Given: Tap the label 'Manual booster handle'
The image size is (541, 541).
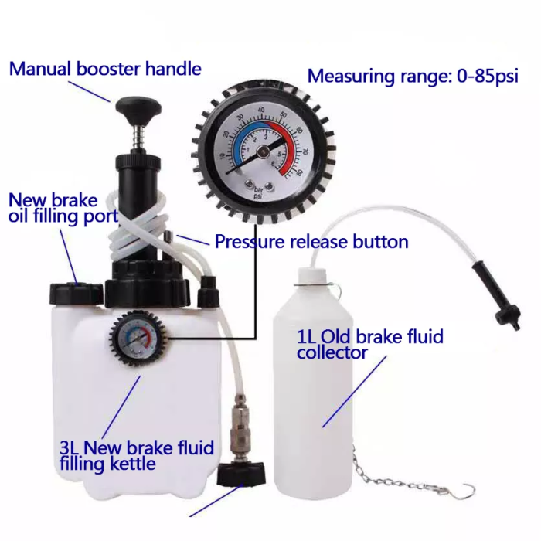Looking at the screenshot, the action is [x=105, y=69].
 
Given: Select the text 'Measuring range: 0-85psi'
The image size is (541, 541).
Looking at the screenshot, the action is [x=413, y=76].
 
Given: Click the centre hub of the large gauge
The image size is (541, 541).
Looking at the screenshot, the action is [x=263, y=150].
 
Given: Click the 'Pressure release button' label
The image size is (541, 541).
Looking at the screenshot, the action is [x=311, y=241].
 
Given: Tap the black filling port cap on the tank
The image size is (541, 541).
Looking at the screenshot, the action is [x=77, y=294].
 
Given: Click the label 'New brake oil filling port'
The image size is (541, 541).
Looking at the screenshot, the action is [x=63, y=209].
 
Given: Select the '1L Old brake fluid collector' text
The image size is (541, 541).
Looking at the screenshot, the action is [x=370, y=344].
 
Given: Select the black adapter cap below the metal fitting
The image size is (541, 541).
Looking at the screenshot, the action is [x=241, y=474].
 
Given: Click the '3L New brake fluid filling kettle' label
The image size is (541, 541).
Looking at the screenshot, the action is [x=137, y=455].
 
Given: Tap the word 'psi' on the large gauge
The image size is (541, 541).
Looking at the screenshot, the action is [x=258, y=196].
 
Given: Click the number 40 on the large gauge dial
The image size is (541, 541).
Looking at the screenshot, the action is [x=261, y=110].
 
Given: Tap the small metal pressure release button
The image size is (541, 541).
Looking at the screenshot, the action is [x=168, y=236].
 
